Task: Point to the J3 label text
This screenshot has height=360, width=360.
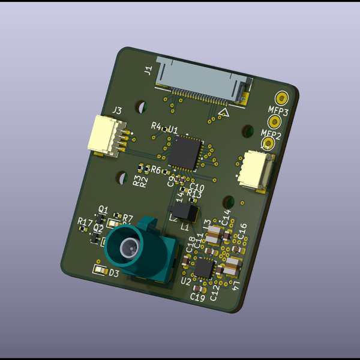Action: coord(117,110)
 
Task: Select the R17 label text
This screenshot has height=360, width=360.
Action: coord(85,222)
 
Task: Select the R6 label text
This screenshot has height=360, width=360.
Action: coord(156,170)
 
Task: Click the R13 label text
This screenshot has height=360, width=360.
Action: coord(194,194)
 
